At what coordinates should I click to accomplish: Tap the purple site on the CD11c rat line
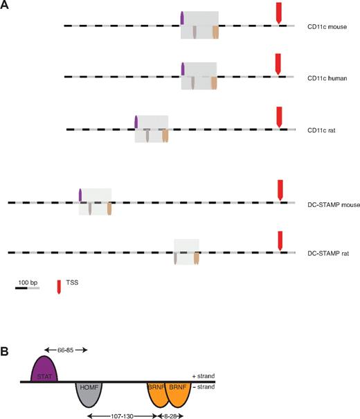[137, 123]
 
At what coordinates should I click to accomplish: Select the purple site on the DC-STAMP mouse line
[81, 195]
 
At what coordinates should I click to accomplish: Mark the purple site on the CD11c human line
[183, 69]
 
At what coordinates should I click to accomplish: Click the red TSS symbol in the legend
[60, 285]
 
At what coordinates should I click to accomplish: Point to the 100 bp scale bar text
[28, 283]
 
